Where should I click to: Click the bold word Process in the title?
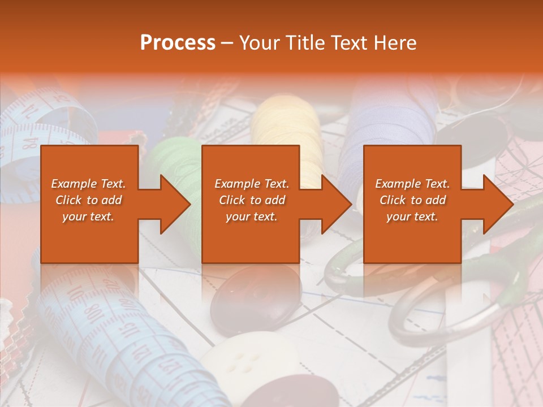[x=178, y=43]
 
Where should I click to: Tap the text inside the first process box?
[x=88, y=200]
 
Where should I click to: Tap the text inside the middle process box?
[x=252, y=200]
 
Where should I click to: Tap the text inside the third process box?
[x=412, y=200]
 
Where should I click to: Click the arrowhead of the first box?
[x=174, y=204]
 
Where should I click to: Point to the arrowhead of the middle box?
[x=335, y=204]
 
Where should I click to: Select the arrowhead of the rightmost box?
[x=497, y=204]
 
